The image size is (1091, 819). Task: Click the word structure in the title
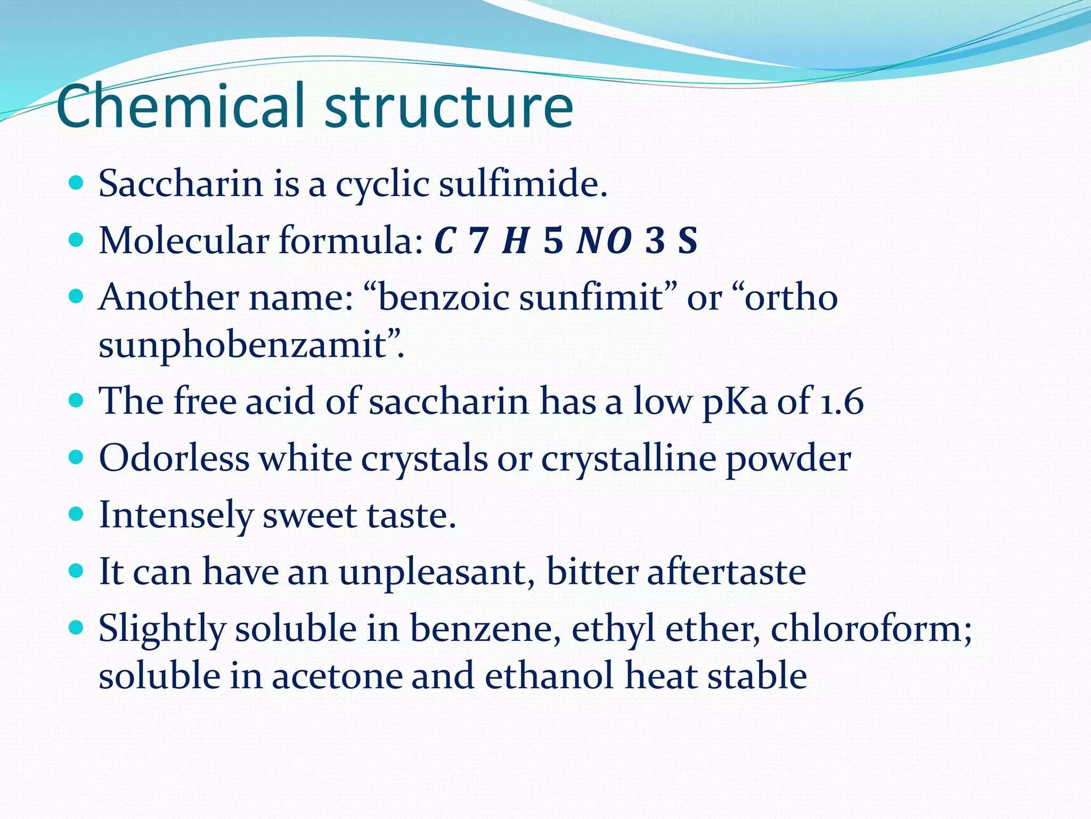click(x=449, y=107)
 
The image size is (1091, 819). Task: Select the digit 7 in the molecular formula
click(x=478, y=241)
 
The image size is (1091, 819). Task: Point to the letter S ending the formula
click(x=687, y=241)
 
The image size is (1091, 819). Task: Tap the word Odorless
click(x=174, y=459)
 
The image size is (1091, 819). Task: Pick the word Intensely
click(x=176, y=516)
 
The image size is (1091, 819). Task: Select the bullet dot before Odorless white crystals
click(x=77, y=457)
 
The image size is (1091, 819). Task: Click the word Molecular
click(x=184, y=241)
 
